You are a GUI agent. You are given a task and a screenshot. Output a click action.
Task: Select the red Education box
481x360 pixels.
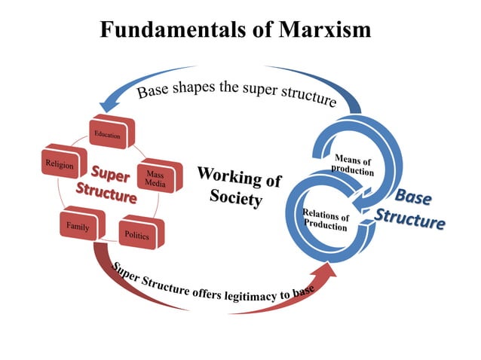(x=108, y=135)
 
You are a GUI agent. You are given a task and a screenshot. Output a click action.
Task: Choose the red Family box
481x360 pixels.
(x=78, y=225)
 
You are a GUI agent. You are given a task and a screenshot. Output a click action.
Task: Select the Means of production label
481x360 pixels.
(x=352, y=165)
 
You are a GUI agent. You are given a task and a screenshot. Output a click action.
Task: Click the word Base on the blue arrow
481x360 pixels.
(x=152, y=93)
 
